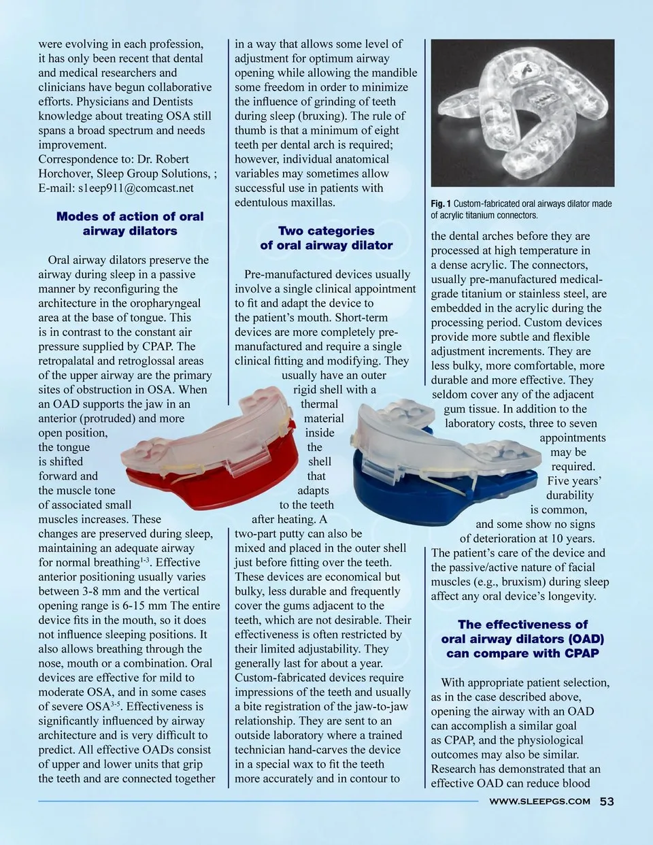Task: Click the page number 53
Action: pos(607,801)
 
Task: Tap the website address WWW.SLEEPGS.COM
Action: pos(539,801)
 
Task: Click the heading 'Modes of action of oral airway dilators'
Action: pos(130,224)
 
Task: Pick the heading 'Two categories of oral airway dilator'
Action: pos(326,238)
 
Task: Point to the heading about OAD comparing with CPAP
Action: pos(522,639)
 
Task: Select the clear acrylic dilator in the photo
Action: pos(522,112)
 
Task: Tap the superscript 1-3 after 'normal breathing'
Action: pos(145,560)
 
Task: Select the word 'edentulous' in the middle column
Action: pos(262,202)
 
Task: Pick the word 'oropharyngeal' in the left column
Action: pos(167,303)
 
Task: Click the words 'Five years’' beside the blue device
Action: pos(574,481)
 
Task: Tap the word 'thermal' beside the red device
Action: pos(320,404)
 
